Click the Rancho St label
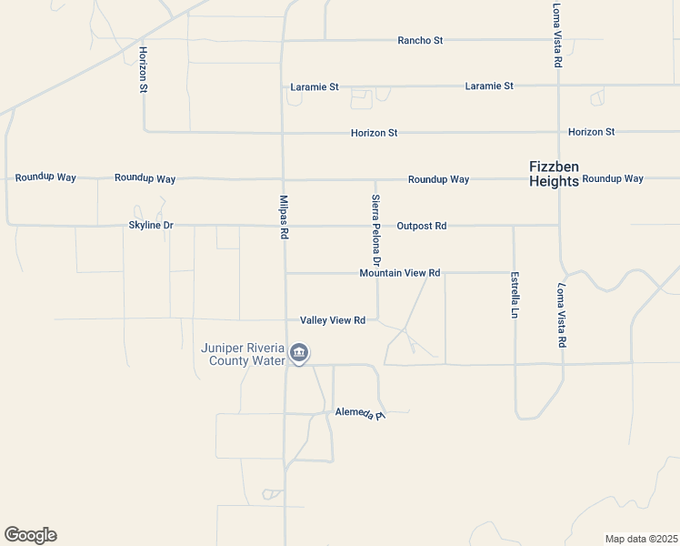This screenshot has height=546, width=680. tap(420, 40)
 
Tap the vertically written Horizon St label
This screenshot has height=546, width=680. tap(144, 70)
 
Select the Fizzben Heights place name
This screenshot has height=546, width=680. tap(554, 174)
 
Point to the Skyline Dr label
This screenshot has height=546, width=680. tap(151, 225)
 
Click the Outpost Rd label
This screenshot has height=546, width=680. tap(421, 225)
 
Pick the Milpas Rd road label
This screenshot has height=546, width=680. tap(284, 217)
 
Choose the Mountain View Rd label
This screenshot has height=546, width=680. tap(399, 273)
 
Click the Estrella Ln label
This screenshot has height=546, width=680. tap(515, 294)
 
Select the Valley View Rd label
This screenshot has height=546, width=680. tap(333, 320)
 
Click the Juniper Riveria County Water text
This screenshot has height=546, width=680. tap(243, 354)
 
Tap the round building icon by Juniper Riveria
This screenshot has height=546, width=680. tap(299, 353)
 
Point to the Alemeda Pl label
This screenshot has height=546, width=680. tap(360, 413)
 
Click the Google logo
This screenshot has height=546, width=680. tap(30, 535)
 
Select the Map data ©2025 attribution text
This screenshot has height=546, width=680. tap(641, 539)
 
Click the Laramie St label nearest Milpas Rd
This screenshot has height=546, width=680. tap(315, 87)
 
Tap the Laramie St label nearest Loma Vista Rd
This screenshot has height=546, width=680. tap(489, 86)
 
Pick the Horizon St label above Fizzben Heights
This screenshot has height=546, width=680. tap(591, 132)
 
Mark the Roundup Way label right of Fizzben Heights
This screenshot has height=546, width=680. tap(613, 178)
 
